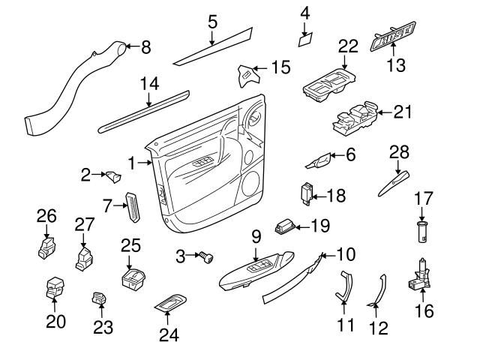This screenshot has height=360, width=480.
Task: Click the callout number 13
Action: pyautogui.click(x=395, y=65)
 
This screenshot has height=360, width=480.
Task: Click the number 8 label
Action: pyautogui.click(x=145, y=46)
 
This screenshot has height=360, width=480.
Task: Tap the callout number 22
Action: pyautogui.click(x=346, y=45)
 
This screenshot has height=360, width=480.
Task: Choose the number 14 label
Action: pyautogui.click(x=148, y=83)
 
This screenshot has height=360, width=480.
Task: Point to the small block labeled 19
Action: pyautogui.click(x=286, y=226)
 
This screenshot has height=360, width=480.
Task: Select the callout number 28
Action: pyautogui.click(x=398, y=153)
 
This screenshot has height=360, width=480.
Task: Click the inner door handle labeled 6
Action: pyautogui.click(x=319, y=160)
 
